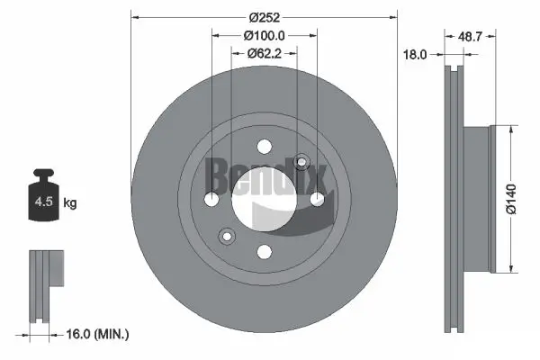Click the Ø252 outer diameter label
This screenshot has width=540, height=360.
(264, 17)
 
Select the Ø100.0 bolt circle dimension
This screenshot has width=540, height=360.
(264, 35)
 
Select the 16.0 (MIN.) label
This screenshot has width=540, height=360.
(100, 334)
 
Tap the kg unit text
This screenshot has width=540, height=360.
(70, 203)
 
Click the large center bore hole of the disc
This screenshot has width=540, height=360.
(264, 199)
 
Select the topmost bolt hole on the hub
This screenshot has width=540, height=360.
(264, 147)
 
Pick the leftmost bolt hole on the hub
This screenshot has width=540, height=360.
(211, 199)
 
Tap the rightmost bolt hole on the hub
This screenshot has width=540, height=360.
(317, 199)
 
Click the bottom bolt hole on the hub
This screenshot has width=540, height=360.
(264, 252)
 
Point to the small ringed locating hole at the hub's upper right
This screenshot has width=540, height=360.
(301, 163)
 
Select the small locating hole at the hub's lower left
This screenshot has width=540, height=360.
(225, 236)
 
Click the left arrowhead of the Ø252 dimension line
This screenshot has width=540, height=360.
(135, 16)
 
